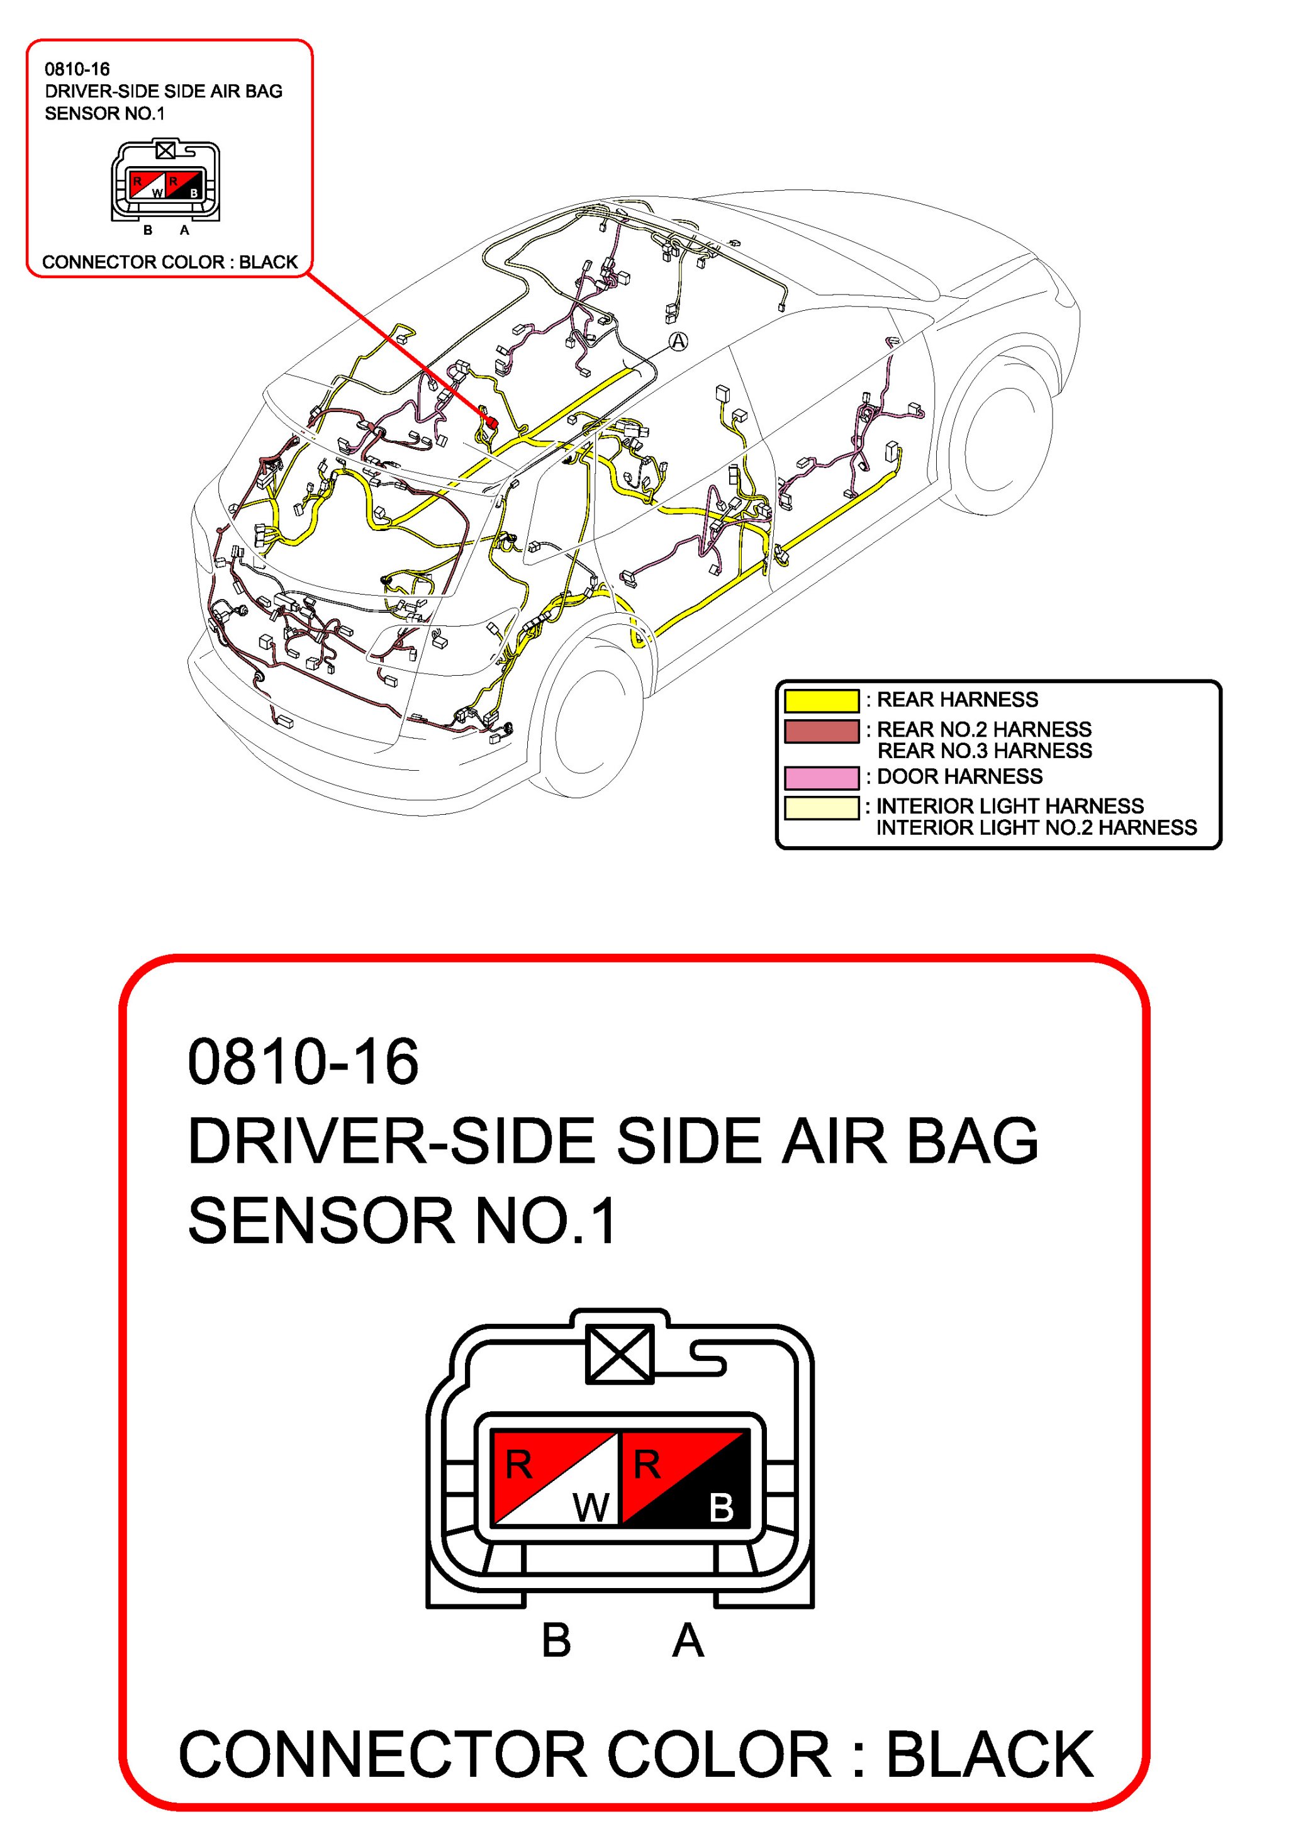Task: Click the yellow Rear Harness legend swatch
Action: tap(821, 700)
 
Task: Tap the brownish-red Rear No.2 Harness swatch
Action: tap(821, 731)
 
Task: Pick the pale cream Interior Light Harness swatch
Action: tap(821, 807)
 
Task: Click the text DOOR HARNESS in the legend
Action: tap(959, 776)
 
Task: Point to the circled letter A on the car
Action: tap(678, 342)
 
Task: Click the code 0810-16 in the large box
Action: tap(303, 1062)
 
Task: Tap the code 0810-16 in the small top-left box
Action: tap(77, 70)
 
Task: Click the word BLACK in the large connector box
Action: tap(989, 1754)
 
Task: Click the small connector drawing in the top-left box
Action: tap(165, 182)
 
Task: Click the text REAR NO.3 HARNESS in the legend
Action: tap(984, 751)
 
